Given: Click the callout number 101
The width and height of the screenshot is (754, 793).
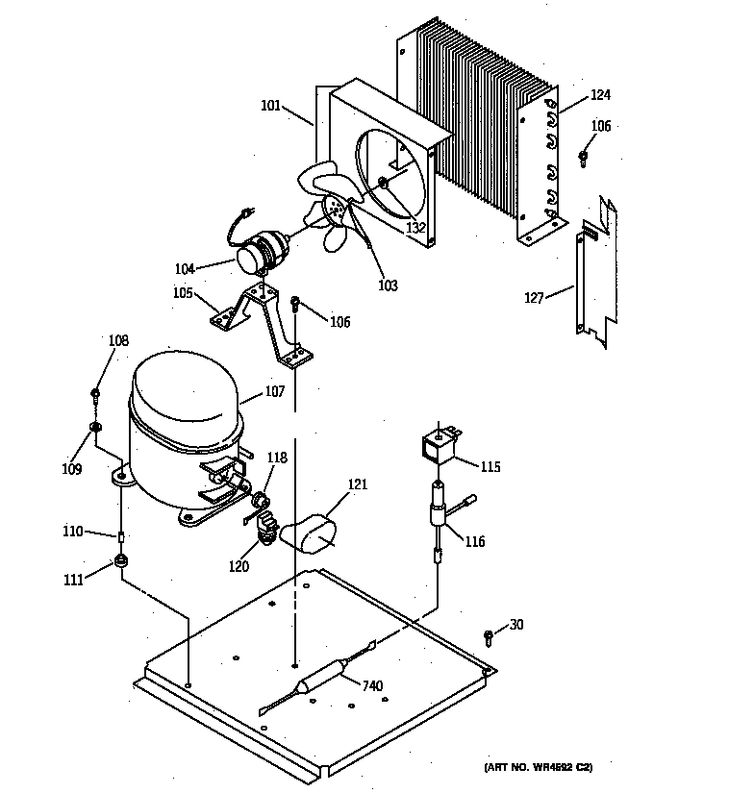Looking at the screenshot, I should coord(270,106).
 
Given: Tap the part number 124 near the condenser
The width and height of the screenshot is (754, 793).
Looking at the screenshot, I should coord(600,95).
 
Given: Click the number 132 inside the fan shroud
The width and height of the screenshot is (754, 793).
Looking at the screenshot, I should coord(415,228).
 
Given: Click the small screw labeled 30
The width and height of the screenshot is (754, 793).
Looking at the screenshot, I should coord(489,635).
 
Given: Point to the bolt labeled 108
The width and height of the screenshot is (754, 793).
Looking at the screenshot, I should coord(96,393).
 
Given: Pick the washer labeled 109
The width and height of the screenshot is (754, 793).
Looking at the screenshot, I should coord(96,426).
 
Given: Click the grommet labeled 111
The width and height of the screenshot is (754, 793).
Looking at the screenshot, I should coord(121,561).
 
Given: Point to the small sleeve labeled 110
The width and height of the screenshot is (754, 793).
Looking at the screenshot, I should coord(121,534).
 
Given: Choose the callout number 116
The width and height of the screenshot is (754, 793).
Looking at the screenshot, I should coord(474,541).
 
